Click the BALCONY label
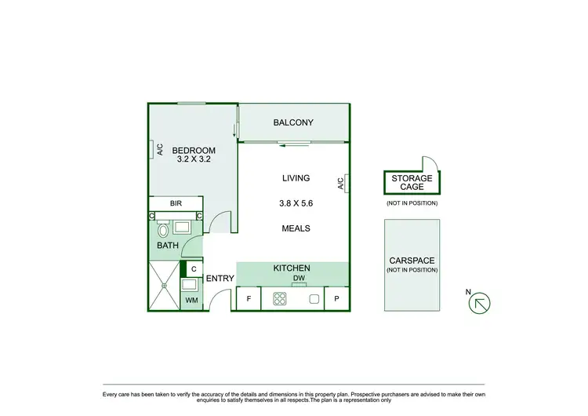(293, 122)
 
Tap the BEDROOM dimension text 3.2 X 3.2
(192, 159)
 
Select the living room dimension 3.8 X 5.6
(296, 203)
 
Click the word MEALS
(296, 228)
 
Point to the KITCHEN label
(292, 268)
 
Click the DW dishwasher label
(298, 279)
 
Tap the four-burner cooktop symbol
(280, 298)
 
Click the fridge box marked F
(249, 299)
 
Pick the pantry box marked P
(337, 299)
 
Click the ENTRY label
(220, 279)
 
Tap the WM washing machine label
(191, 300)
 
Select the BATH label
(167, 246)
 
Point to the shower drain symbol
(164, 286)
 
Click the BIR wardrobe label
(176, 203)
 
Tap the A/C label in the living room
(341, 184)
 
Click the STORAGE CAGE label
(412, 183)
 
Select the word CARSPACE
(412, 261)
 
